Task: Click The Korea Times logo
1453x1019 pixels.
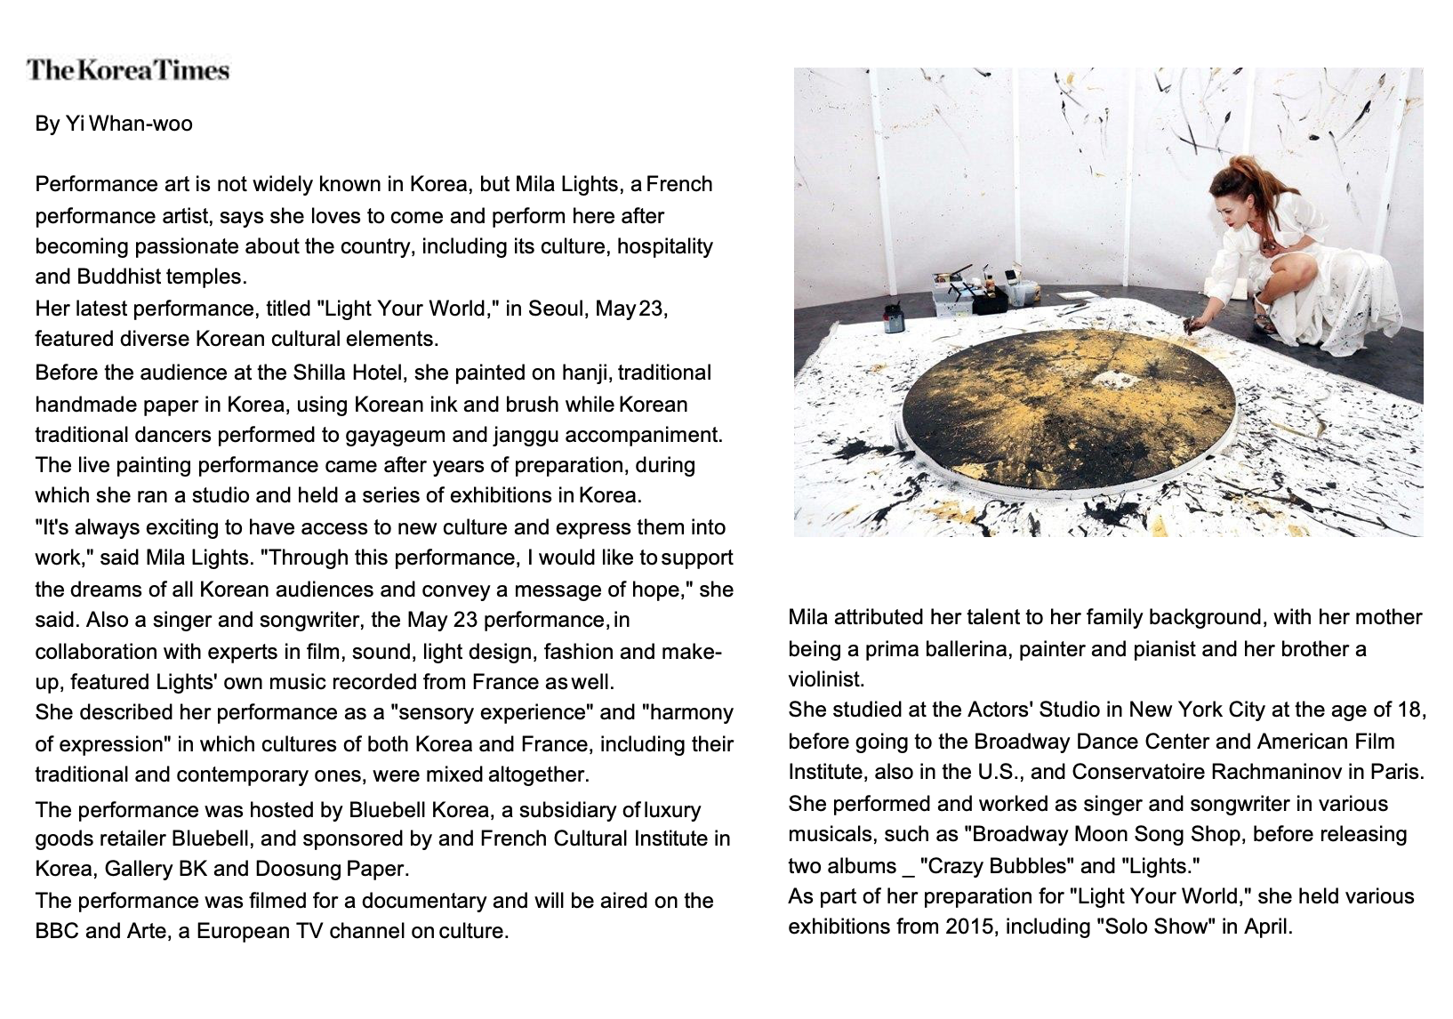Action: tap(128, 70)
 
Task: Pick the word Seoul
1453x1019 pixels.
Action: tap(557, 309)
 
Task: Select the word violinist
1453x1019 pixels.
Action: tap(825, 679)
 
